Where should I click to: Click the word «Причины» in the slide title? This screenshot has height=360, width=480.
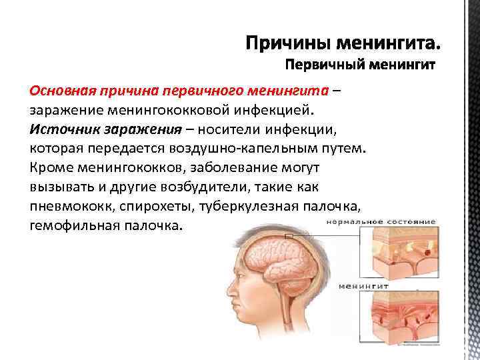[x=287, y=45]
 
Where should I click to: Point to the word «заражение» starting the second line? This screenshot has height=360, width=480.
[x=63, y=109]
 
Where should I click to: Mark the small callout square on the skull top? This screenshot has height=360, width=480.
[x=289, y=235]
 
